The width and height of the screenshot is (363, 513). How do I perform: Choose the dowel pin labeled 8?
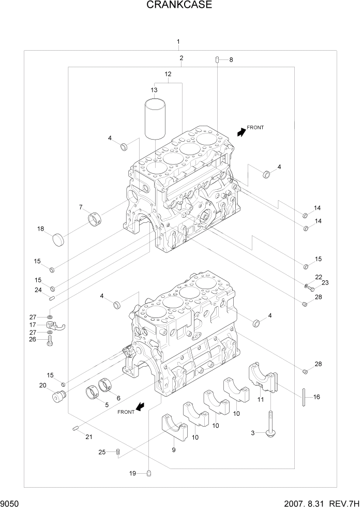pyautogui.click(x=217, y=60)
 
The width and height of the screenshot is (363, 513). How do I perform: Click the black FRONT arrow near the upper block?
pyautogui.click(x=240, y=132)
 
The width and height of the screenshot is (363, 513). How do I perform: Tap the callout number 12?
pyautogui.click(x=168, y=74)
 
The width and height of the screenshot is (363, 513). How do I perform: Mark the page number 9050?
pyautogui.click(x=10, y=503)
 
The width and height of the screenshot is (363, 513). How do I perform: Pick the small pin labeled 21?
pyautogui.click(x=75, y=428)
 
